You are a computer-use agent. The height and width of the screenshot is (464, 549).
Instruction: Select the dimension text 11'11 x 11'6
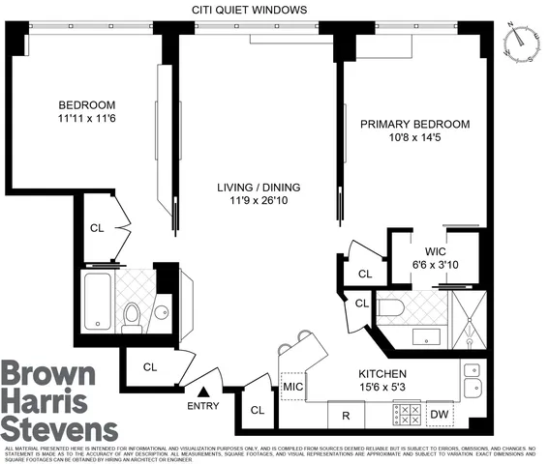(x=87, y=119)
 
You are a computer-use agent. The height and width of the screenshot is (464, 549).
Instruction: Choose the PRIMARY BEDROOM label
(x=414, y=125)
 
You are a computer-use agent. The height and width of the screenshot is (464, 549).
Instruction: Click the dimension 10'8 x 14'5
(x=414, y=138)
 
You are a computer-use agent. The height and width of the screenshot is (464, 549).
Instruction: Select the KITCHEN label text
(x=381, y=373)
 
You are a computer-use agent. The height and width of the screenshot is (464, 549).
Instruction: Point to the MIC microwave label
(x=293, y=388)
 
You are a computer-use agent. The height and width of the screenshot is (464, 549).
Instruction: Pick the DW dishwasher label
(x=440, y=415)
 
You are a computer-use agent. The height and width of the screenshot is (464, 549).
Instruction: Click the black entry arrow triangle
(x=204, y=391)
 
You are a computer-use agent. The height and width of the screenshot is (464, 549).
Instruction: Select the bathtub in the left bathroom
(x=97, y=302)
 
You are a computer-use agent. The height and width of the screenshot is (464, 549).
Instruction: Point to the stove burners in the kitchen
(x=407, y=415)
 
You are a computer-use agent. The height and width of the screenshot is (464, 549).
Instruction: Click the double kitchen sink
(x=472, y=380)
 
